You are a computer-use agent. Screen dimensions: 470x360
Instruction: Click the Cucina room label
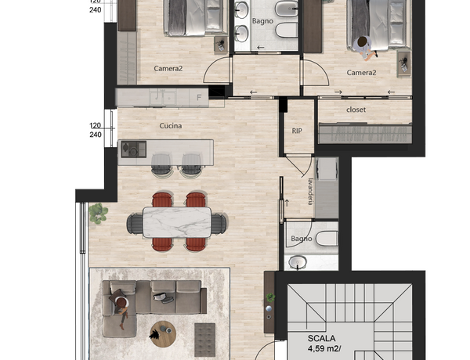pyautogui.click(x=171, y=126)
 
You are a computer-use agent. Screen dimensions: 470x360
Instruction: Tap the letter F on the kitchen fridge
pyautogui.click(x=199, y=98)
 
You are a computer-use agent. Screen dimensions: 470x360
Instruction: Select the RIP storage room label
pyautogui.click(x=297, y=131)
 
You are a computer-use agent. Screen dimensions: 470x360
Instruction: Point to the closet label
pyautogui.click(x=356, y=110)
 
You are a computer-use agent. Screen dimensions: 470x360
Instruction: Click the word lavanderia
pyautogui.click(x=311, y=192)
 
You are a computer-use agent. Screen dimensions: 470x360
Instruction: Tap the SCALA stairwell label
pyautogui.click(x=321, y=338)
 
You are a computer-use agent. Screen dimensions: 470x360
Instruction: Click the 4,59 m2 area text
pyautogui.click(x=324, y=348)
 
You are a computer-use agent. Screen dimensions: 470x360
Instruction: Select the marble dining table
pyautogui.click(x=177, y=222)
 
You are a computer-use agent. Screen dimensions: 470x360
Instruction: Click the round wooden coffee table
pyautogui.click(x=163, y=334)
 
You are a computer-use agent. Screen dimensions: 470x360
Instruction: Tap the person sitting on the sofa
pyautogui.click(x=121, y=310)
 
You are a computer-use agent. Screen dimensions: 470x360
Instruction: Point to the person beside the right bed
pyautogui.click(x=364, y=47)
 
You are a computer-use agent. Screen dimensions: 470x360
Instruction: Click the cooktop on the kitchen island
pyautogui.click(x=134, y=149)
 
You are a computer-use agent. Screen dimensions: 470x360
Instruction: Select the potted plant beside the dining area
pyautogui.click(x=98, y=213)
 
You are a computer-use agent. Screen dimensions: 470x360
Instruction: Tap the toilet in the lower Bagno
pyautogui.click(x=327, y=239)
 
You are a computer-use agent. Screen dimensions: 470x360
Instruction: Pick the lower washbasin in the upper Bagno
pyautogui.click(x=241, y=34)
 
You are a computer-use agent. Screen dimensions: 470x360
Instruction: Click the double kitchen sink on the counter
pyautogui.click(x=163, y=98)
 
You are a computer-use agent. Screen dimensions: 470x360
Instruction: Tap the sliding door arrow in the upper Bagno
pyautogui.click(x=261, y=47)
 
